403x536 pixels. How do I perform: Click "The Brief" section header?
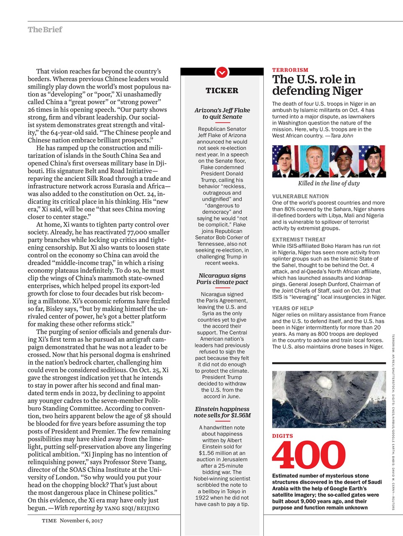[45, 30]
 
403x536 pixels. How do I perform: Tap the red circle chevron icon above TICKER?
[222, 72]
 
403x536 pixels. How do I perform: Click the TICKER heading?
[222, 90]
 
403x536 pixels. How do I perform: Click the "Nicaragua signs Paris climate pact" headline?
[222, 279]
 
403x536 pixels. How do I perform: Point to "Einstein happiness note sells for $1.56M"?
[222, 412]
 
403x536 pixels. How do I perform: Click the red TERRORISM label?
[290, 70]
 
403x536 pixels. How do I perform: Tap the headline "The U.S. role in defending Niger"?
[317, 85]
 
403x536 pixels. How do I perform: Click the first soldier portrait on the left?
[286, 161]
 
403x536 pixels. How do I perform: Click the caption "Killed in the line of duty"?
[329, 183]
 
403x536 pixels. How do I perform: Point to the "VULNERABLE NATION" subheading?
[300, 196]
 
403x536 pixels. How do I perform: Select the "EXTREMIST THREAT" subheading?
[299, 240]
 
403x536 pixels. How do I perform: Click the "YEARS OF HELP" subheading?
[293, 308]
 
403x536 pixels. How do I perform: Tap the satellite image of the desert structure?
[329, 399]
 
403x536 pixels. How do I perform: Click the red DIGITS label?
[283, 436]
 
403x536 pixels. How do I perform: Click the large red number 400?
[309, 456]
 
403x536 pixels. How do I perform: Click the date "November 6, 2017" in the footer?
[81, 521]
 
